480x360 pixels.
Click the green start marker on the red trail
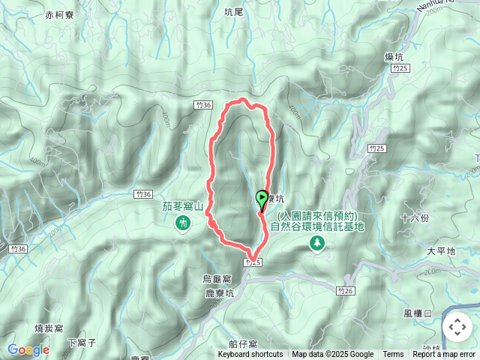point(262,199)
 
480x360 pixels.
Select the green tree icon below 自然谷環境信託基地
point(318,243)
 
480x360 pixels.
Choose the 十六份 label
point(415,218)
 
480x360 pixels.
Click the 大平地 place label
point(440,251)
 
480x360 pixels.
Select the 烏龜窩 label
point(217,278)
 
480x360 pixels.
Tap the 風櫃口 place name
point(417,313)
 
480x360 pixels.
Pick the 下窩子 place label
point(82,343)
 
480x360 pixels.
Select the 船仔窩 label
point(244,343)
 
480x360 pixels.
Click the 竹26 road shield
point(345,290)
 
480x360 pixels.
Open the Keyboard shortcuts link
point(250,355)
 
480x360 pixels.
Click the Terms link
point(393,355)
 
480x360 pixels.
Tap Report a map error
point(445,355)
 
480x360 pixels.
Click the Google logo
point(28,349)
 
